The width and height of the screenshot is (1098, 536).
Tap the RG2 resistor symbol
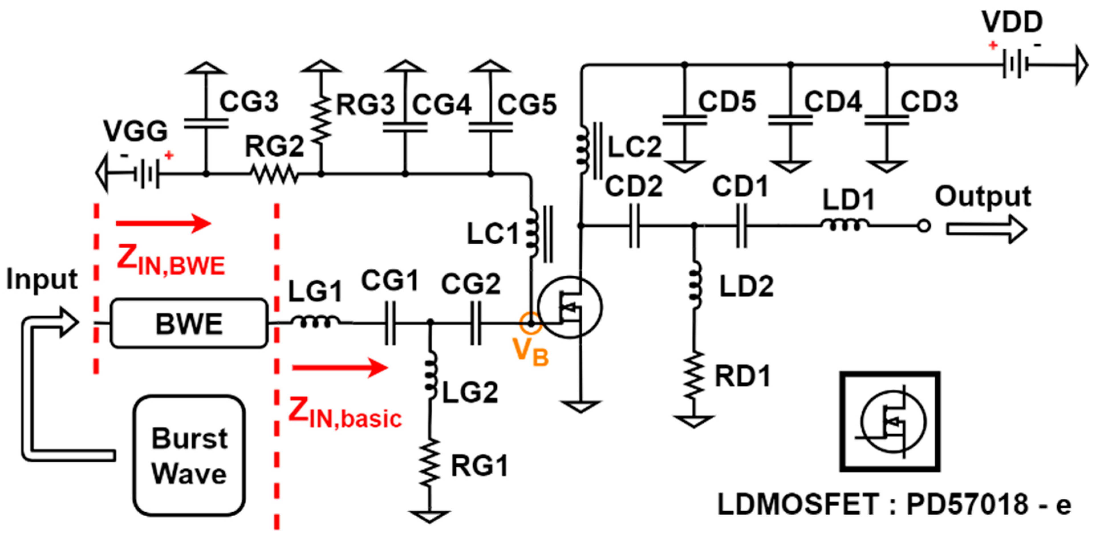[274, 174]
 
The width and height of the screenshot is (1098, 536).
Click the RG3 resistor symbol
[321, 119]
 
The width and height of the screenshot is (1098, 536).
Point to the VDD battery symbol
[1014, 65]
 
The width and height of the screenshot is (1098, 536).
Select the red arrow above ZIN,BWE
[163, 223]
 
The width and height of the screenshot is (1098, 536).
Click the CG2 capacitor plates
[476, 324]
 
